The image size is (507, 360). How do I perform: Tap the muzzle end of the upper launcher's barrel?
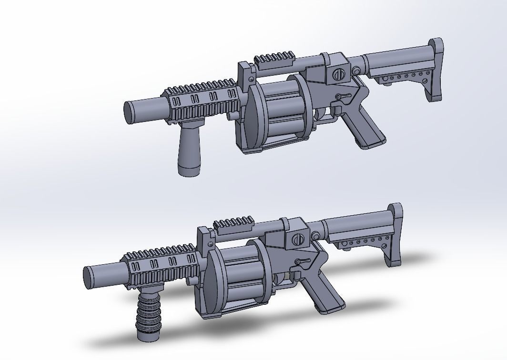pyautogui.click(x=128, y=113)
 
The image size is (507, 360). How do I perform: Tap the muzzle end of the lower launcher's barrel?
pyautogui.click(x=89, y=277)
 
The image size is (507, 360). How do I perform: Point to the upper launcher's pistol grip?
pyautogui.click(x=364, y=129)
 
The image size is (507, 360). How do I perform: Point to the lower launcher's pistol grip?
pyautogui.click(x=324, y=292)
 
